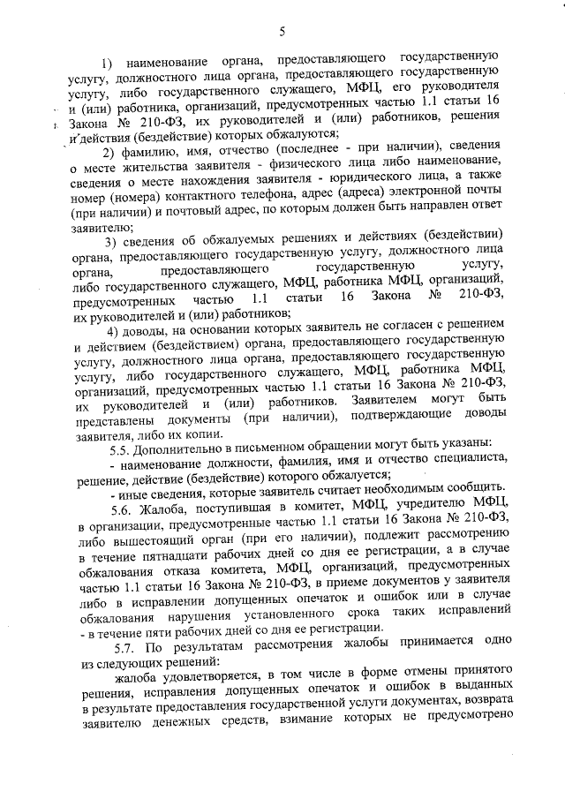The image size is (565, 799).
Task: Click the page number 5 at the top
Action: pos(282,32)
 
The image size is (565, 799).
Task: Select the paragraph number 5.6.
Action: pos(117,512)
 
